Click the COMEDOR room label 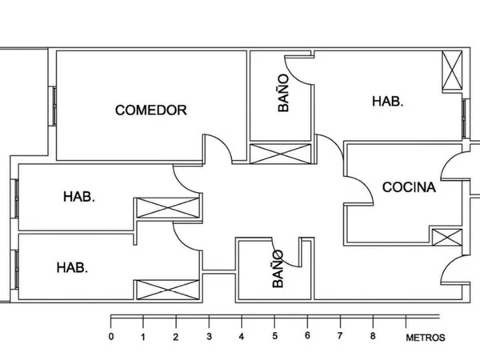click(x=151, y=110)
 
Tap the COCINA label click(x=409, y=187)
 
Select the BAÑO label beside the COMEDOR click(x=283, y=93)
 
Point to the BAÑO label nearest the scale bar click(x=278, y=269)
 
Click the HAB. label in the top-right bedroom click(x=387, y=102)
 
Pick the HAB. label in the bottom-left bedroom click(x=72, y=267)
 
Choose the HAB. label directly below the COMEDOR click(x=79, y=197)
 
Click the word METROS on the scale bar click(x=426, y=338)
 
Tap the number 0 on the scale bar click(x=111, y=337)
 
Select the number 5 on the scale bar click(x=274, y=336)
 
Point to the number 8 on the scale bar click(x=373, y=336)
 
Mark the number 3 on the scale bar click(x=209, y=337)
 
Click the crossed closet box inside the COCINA click(x=447, y=238)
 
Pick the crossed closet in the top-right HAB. click(x=452, y=70)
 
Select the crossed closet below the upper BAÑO click(x=281, y=154)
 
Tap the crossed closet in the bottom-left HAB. click(x=167, y=290)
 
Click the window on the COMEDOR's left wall click(x=53, y=106)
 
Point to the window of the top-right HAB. click(x=465, y=118)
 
